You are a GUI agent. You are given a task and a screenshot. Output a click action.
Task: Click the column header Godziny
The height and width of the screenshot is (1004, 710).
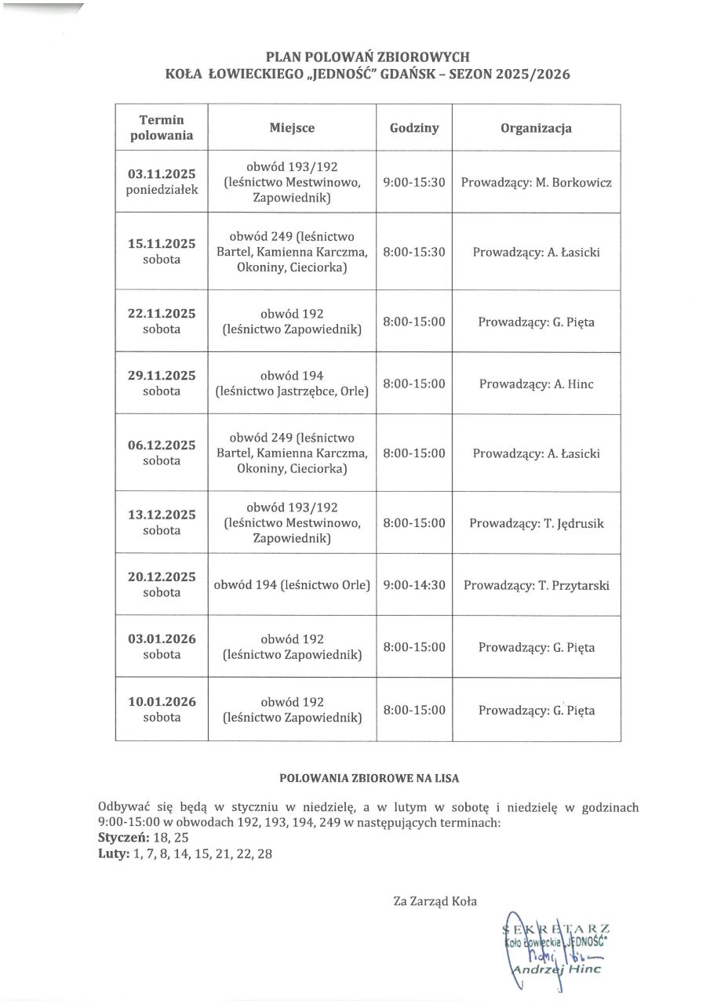click(414, 128)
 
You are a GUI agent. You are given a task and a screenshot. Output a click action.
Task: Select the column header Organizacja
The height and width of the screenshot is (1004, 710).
click(536, 128)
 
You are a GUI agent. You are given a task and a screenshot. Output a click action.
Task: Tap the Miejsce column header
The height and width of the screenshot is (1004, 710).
click(292, 128)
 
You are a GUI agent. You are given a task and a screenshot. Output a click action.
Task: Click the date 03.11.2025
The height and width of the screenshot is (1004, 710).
click(162, 174)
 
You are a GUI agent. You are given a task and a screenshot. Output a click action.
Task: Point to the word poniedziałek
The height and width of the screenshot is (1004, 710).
click(162, 190)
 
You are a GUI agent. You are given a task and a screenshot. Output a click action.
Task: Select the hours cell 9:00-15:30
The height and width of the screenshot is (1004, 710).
click(414, 182)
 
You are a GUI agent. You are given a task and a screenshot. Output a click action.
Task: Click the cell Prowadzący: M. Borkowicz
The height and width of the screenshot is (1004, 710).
click(536, 182)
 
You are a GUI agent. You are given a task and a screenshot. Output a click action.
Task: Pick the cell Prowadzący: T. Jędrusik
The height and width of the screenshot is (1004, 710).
click(536, 523)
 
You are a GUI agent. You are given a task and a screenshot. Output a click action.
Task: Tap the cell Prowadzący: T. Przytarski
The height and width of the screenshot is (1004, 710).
click(536, 585)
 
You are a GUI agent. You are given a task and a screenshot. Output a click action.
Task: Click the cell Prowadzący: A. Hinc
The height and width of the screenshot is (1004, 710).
click(536, 384)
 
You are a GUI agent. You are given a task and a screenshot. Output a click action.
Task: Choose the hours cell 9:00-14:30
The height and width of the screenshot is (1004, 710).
click(414, 585)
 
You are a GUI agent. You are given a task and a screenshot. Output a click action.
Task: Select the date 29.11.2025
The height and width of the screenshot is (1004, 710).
click(162, 376)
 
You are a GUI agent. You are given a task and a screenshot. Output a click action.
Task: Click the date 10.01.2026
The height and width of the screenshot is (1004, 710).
click(162, 702)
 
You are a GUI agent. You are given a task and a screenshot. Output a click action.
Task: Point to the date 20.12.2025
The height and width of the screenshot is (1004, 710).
click(162, 577)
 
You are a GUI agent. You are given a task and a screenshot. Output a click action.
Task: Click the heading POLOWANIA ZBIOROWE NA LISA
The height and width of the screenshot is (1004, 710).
click(370, 779)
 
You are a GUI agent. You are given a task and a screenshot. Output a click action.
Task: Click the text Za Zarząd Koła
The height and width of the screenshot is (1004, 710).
click(435, 901)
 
